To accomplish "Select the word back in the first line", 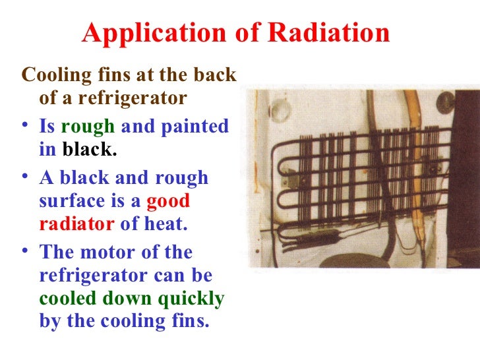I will coord(215,75).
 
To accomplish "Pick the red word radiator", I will coord(76,225).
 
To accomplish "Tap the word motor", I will coord(107,252).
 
